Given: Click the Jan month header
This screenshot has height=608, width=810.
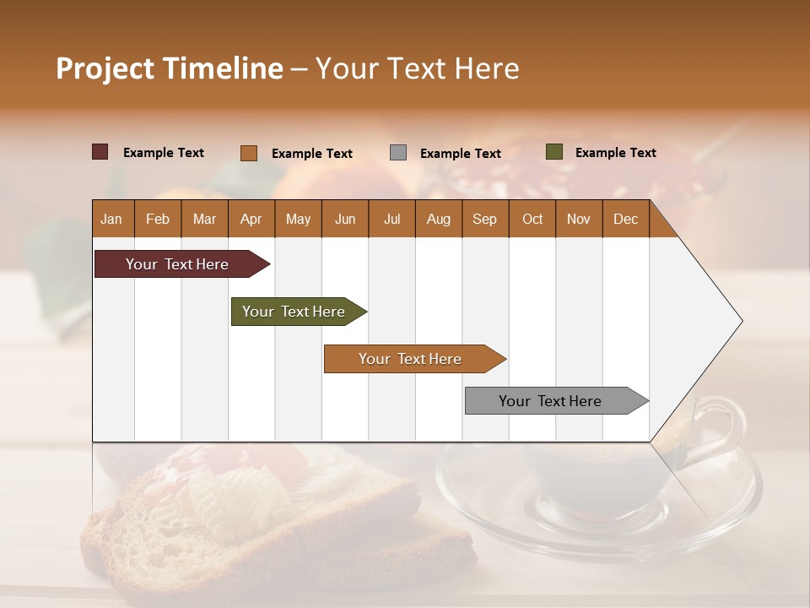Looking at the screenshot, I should (111, 219).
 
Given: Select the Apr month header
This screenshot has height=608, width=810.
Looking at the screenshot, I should (251, 219).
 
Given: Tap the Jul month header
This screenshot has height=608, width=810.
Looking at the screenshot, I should (391, 219).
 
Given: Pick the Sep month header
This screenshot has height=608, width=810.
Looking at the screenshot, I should (484, 219).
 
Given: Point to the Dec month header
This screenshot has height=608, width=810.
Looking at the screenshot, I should (625, 219).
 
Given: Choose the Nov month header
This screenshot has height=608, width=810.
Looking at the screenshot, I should (578, 219).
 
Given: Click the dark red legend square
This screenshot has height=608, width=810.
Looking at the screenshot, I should (100, 152).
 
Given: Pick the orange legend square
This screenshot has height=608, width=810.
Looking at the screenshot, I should (249, 153).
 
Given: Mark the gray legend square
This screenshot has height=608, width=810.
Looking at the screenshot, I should (398, 153).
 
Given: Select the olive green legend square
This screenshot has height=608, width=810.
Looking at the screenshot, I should (554, 152).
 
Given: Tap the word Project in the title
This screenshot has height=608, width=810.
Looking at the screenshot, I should (105, 68).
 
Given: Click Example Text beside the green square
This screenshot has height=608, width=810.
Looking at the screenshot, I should (615, 153).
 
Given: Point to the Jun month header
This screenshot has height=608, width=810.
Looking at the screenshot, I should (344, 219).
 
